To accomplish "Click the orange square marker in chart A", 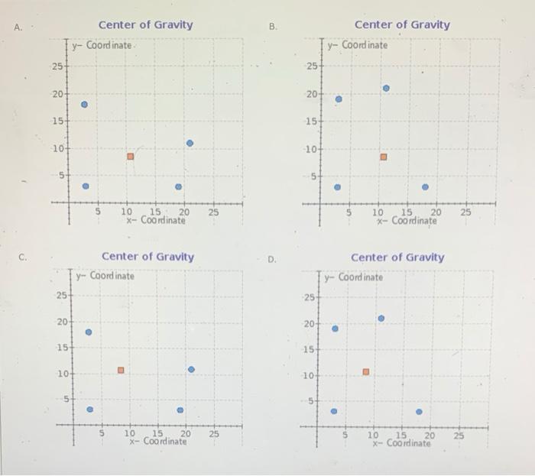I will pos(130,156).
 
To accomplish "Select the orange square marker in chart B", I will pos(384,157).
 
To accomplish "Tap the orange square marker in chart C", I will pos(120,371).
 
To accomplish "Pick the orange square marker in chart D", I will pos(365,372).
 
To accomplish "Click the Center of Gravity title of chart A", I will pos(145,24).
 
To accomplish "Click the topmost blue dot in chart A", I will pos(85,105).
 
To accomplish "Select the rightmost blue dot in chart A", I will pos(190,143).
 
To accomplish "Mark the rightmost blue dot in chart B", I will pos(425,187).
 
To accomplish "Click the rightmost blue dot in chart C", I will pos(191,370).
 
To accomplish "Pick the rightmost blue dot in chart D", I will pos(419,412).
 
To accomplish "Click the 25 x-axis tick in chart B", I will pos(466,212).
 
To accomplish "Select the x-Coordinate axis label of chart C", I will pos(157,442).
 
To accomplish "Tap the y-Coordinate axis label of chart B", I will pos(358,45).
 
